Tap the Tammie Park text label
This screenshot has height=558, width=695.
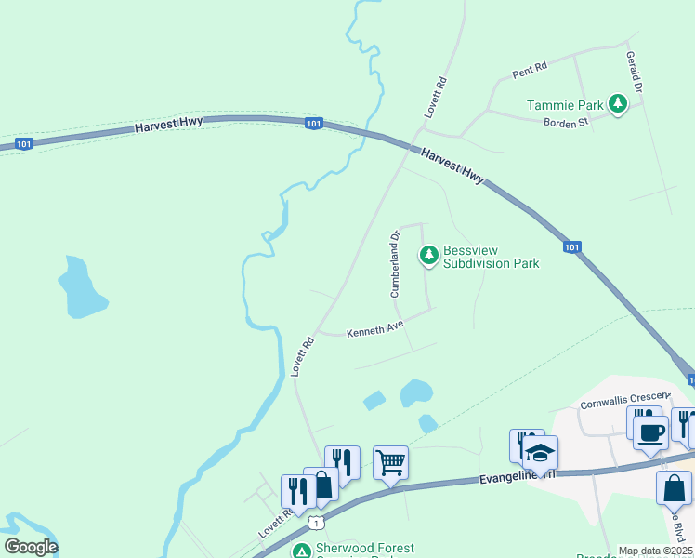click(564, 105)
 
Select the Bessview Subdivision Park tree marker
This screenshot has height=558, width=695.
click(428, 254)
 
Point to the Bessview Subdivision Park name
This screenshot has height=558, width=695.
click(492, 257)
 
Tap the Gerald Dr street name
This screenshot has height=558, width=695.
click(635, 72)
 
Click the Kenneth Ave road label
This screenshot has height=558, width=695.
click(374, 331)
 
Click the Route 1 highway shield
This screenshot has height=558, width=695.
click(318, 523)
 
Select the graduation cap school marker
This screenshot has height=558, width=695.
click(540, 453)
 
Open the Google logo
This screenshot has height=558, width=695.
click(31, 547)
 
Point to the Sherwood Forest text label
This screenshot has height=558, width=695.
click(365, 549)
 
